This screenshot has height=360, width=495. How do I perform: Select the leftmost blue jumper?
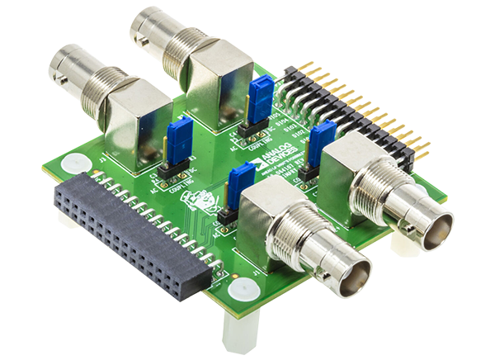coord(177,136)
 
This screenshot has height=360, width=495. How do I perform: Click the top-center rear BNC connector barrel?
coord(161,33)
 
